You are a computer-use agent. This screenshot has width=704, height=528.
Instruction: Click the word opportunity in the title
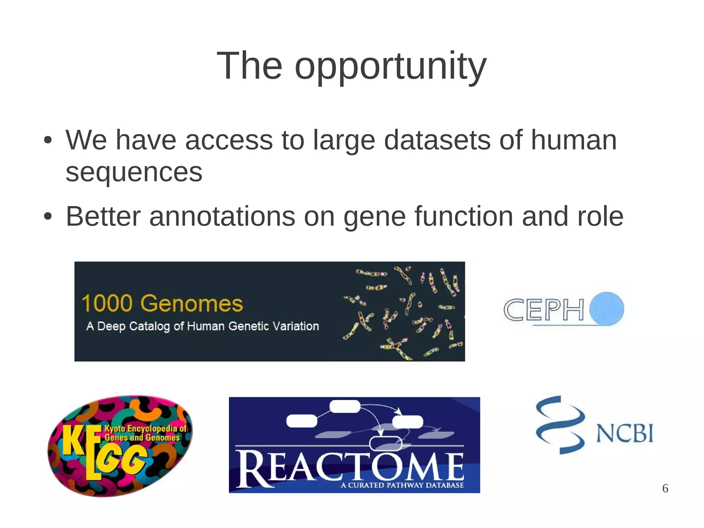(390, 66)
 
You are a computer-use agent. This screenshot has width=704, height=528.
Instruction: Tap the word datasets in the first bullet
(437, 140)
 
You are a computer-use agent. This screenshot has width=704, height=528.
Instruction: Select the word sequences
(134, 172)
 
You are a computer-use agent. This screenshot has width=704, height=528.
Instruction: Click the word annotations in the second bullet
(222, 216)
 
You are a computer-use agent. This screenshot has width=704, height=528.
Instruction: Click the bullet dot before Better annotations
(48, 217)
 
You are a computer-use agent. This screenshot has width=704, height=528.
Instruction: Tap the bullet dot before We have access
(48, 140)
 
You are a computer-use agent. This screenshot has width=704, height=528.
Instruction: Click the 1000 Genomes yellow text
(162, 303)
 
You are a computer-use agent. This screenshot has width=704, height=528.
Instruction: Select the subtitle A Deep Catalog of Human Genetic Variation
(202, 326)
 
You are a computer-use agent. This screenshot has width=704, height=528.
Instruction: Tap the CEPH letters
(544, 310)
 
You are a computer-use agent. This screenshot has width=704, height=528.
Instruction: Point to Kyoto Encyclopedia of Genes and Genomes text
(144, 433)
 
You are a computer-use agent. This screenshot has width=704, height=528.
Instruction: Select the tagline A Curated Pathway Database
(402, 485)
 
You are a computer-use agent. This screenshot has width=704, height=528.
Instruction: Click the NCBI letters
(625, 433)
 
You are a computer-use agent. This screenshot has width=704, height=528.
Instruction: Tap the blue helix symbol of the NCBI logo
(560, 425)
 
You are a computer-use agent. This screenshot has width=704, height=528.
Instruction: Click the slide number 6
(665, 488)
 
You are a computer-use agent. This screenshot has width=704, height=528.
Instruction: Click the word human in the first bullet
(574, 140)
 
